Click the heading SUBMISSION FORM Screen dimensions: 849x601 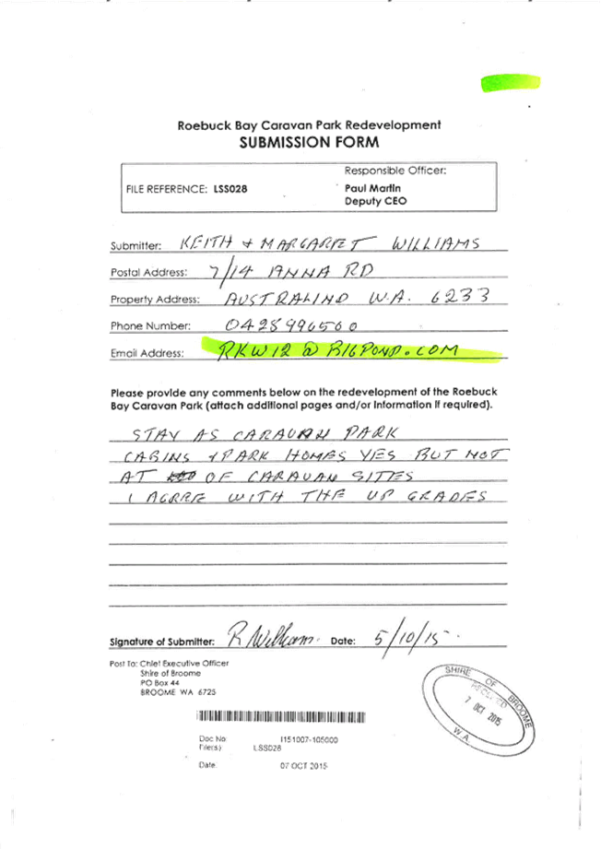[x=309, y=143]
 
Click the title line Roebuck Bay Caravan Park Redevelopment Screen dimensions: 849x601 [x=309, y=125]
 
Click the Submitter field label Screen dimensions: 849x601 [x=136, y=247]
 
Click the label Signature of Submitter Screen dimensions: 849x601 [x=161, y=641]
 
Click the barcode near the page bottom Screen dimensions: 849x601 [x=280, y=717]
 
